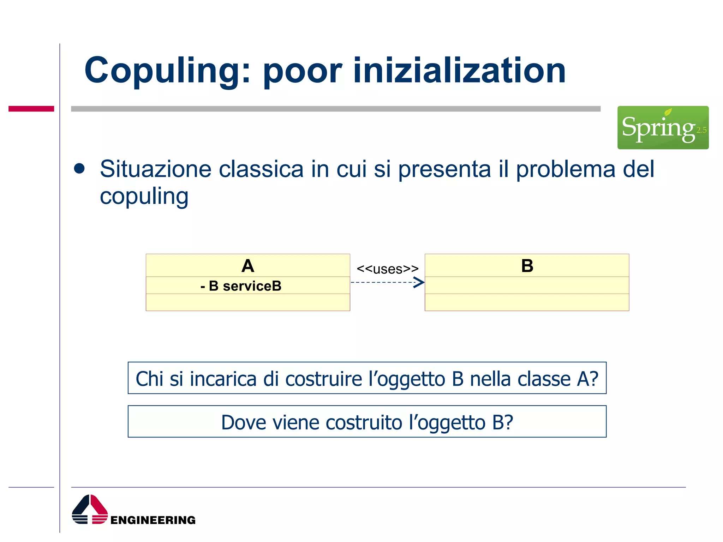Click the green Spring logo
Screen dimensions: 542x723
click(663, 127)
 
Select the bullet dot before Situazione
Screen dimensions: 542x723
click(79, 169)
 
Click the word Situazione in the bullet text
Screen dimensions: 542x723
click(155, 169)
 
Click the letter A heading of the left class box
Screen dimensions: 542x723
click(248, 266)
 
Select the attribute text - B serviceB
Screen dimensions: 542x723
click(241, 286)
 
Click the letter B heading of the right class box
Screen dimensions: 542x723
click(527, 266)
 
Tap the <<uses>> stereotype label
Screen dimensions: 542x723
click(387, 269)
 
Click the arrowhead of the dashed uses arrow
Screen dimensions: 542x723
click(419, 282)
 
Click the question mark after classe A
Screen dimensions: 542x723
click(594, 379)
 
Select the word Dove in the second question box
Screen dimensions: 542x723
click(243, 422)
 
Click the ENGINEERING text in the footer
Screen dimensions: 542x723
click(153, 520)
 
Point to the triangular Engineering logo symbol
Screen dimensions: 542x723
click(90, 509)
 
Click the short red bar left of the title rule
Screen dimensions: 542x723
click(31, 109)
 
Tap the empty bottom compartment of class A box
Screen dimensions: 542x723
click(248, 302)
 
